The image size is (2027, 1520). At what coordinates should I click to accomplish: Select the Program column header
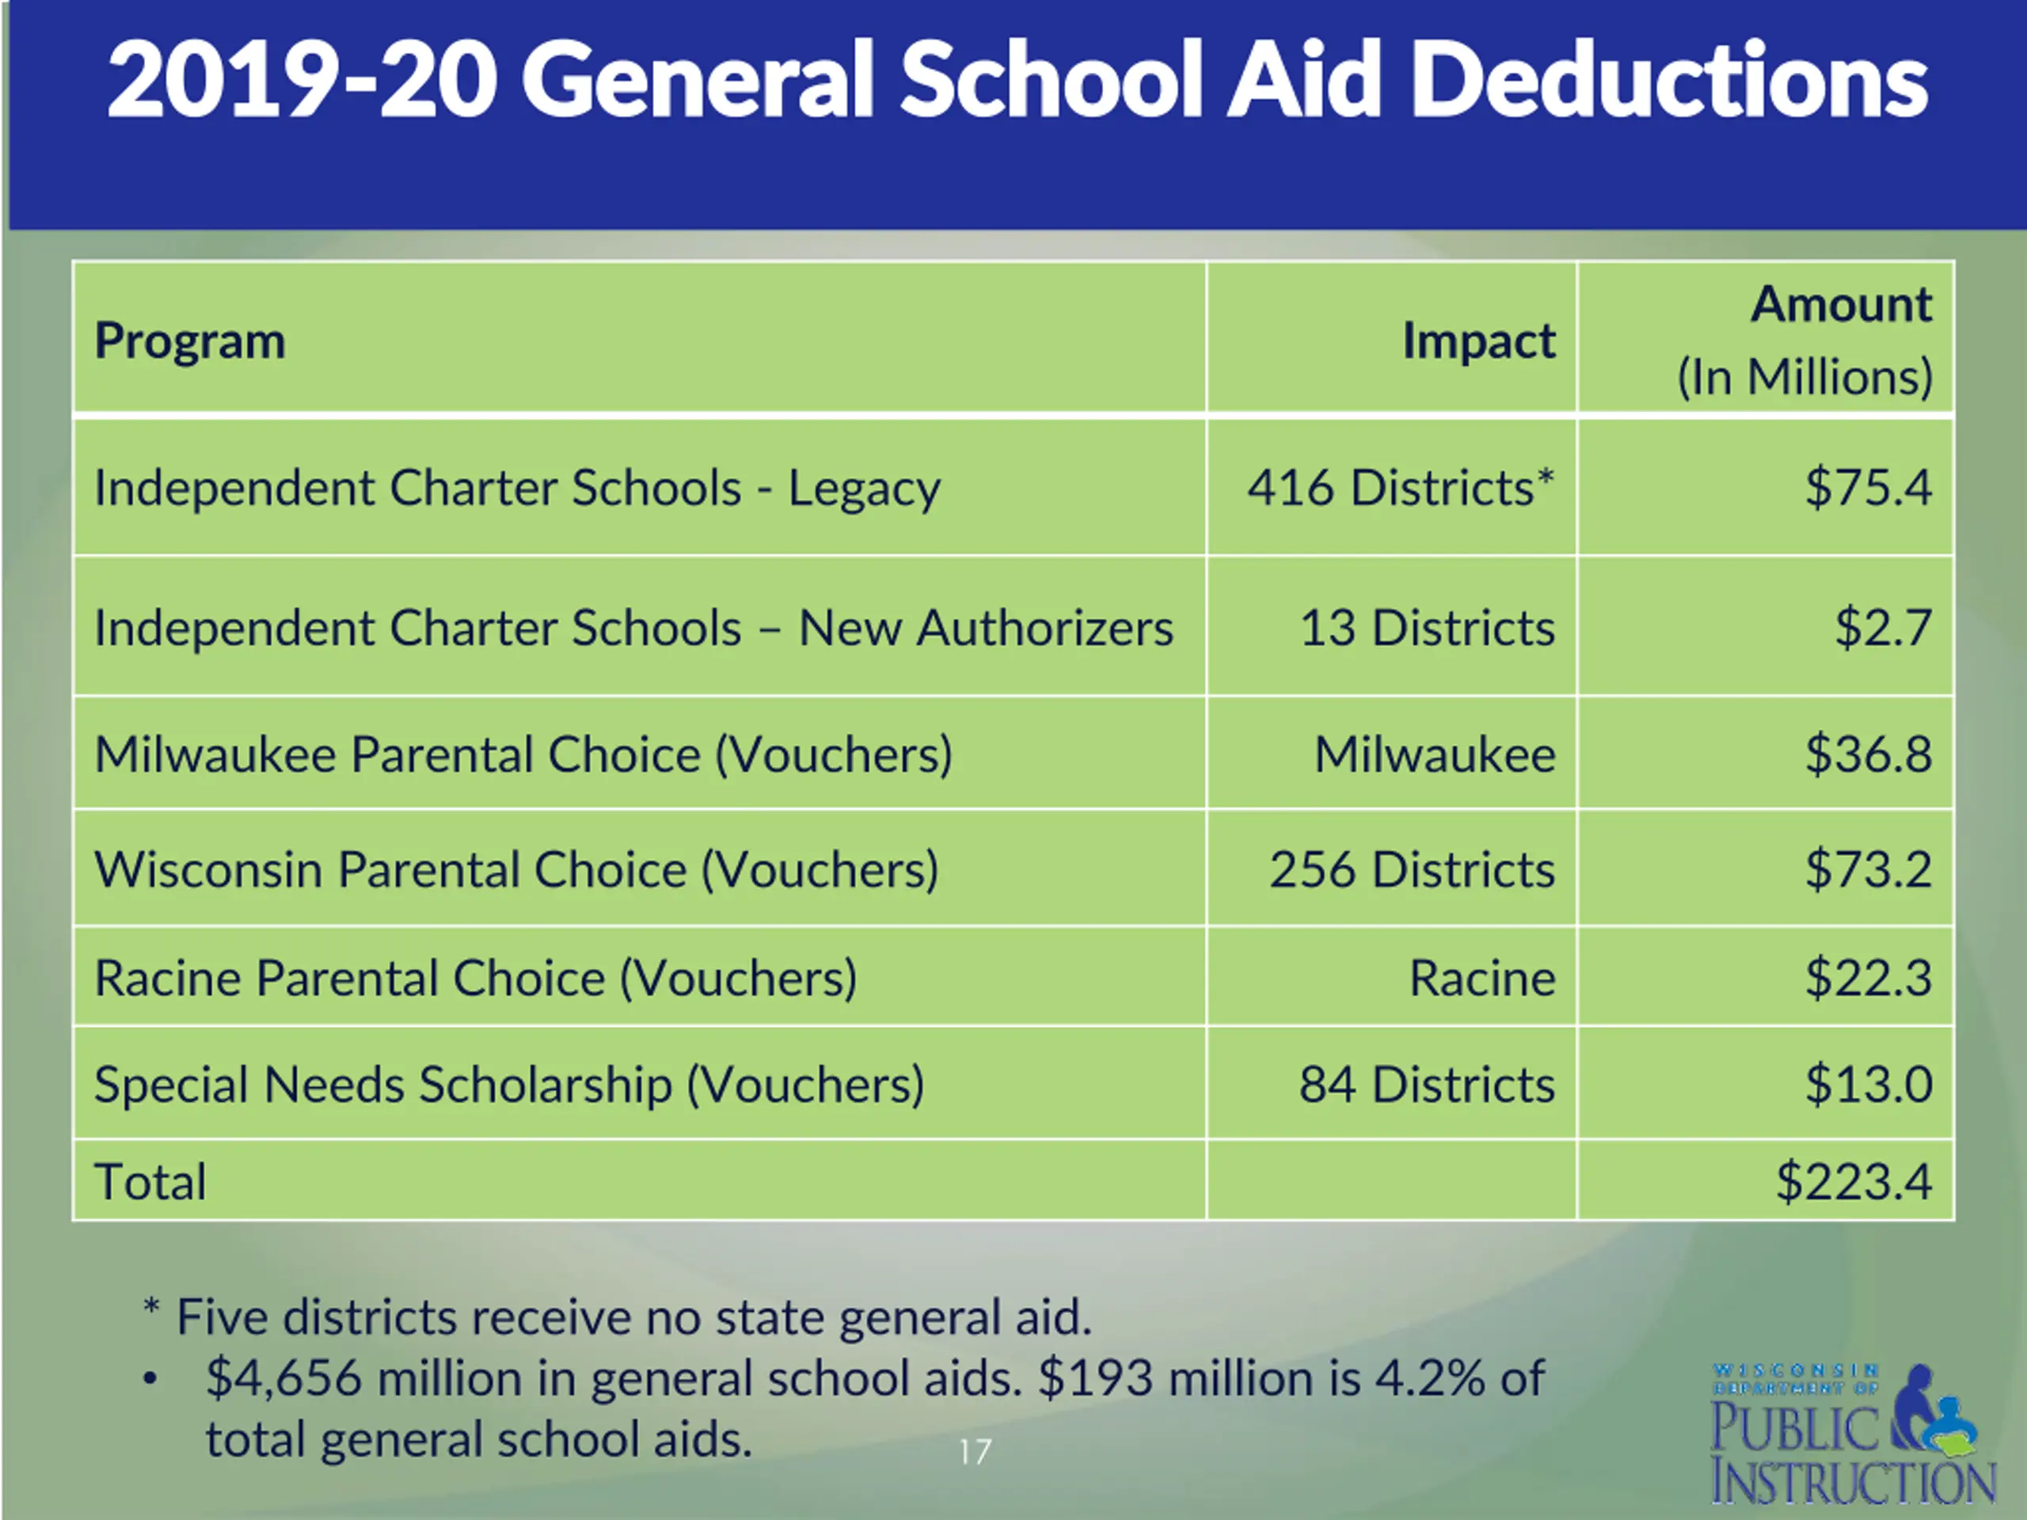pyautogui.click(x=190, y=342)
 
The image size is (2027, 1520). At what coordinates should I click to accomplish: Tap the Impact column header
pyautogui.click(x=1478, y=342)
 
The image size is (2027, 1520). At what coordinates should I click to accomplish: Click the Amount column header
pyautogui.click(x=1840, y=305)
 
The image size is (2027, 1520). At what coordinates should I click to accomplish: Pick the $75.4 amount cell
pyautogui.click(x=1868, y=488)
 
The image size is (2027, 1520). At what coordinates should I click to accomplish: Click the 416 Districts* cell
pyautogui.click(x=1400, y=488)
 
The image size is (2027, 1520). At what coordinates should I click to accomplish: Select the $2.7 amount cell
pyautogui.click(x=1882, y=629)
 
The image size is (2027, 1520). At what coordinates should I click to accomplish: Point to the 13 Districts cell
pyautogui.click(x=1427, y=629)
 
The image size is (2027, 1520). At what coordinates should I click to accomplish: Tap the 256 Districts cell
pyautogui.click(x=1411, y=869)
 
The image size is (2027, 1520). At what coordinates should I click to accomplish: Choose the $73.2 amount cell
pyautogui.click(x=1868, y=869)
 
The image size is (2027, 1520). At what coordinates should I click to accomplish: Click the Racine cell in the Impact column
pyautogui.click(x=1481, y=978)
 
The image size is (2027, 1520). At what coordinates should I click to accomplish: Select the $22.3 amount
pyautogui.click(x=1868, y=978)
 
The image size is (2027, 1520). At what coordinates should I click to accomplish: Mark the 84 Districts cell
pyautogui.click(x=1427, y=1085)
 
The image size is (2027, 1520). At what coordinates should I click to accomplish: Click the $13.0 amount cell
pyautogui.click(x=1868, y=1085)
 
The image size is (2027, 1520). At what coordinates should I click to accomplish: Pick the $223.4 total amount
pyautogui.click(x=1853, y=1182)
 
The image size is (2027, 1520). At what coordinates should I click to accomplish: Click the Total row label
pyautogui.click(x=150, y=1182)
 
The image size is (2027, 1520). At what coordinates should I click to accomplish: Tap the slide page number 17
pyautogui.click(x=974, y=1452)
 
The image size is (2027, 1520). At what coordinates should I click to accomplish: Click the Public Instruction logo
pyautogui.click(x=1851, y=1434)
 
